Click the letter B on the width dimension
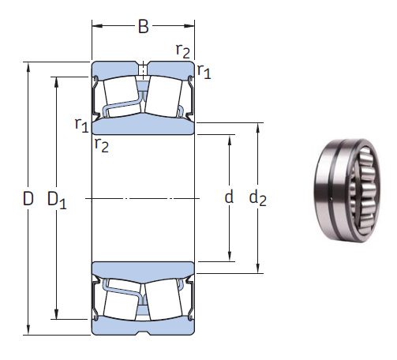tap(143, 27)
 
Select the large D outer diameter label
tap(28, 199)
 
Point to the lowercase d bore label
tap(229, 197)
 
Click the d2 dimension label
tap(258, 198)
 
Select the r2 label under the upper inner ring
tap(101, 144)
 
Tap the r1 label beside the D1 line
tap(81, 124)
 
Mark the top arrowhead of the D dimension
tap(28, 66)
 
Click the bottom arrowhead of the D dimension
tap(28, 330)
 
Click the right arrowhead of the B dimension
tap(191, 27)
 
